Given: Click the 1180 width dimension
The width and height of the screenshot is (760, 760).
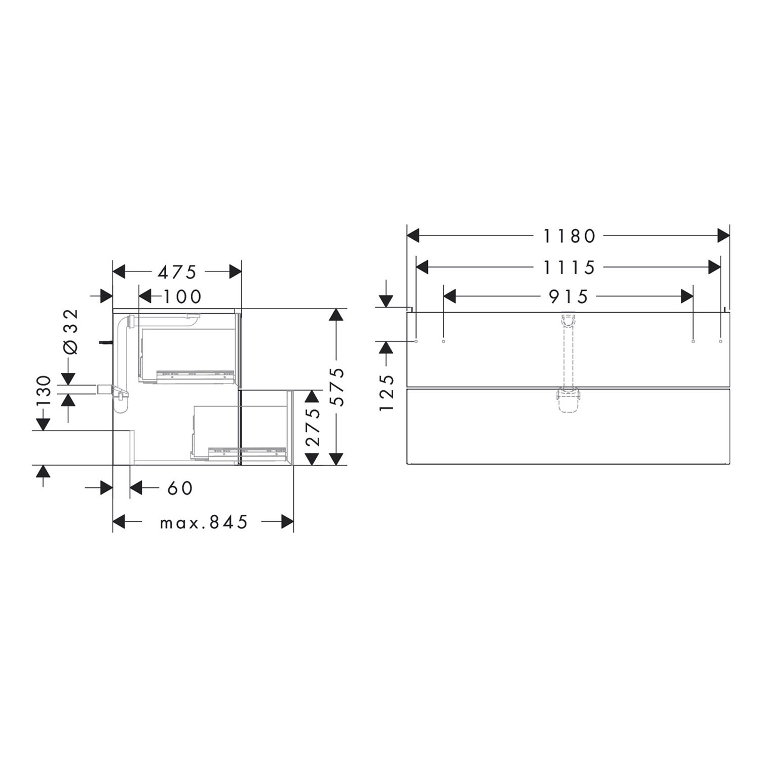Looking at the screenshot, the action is pos(569,236).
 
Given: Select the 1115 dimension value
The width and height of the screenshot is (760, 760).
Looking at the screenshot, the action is pos(569,267).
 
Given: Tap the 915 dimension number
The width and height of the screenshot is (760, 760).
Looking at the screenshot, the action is pos(569,296).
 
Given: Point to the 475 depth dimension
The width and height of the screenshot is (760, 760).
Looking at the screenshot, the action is pos(177,272).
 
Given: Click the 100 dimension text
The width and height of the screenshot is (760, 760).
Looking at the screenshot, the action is pos(182,296).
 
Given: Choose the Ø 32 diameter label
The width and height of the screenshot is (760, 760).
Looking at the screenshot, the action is pos(71,332).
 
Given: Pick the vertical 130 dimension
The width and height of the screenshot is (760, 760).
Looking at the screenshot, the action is pos(44,393).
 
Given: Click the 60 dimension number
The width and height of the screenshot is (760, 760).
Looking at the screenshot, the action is pos(180,488).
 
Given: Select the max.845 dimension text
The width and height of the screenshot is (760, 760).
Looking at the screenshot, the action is pos(204,522).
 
